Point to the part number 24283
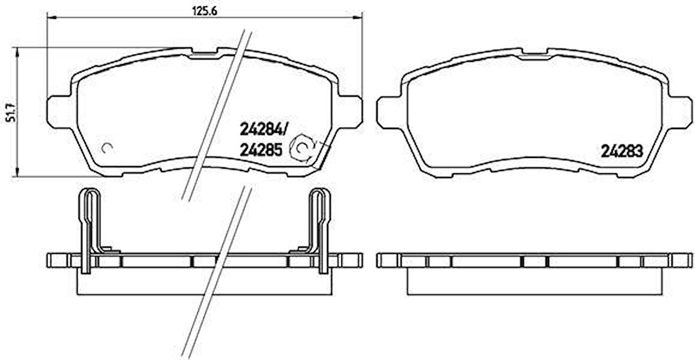[621, 150]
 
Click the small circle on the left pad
[107, 147]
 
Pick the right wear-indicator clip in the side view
[320, 230]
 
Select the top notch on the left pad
[204, 54]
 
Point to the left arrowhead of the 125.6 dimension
[49, 18]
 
